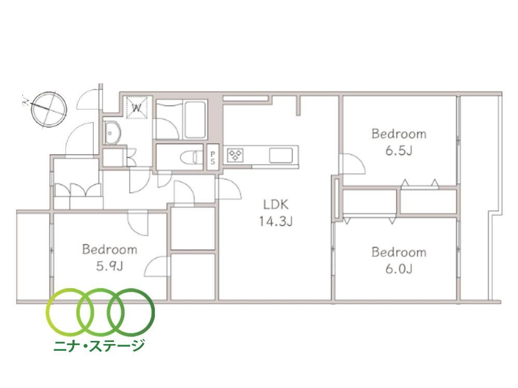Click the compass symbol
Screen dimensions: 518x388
tap(49, 109)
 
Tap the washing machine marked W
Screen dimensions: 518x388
tap(137, 107)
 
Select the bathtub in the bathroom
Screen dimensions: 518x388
tap(195, 120)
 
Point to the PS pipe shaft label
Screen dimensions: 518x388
tap(213, 158)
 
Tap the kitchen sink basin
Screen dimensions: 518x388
tap(281, 155)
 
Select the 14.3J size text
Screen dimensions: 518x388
tap(276, 221)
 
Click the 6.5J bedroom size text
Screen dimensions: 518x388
tap(399, 151)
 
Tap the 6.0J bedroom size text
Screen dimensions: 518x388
tap(399, 269)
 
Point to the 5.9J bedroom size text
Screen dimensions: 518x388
tap(110, 266)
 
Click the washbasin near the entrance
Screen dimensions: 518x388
tap(111, 133)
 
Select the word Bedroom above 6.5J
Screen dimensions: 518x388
tap(399, 134)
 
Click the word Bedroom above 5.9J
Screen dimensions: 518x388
tap(110, 249)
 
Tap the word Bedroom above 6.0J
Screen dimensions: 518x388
tap(399, 252)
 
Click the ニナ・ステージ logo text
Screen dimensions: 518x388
tap(99, 346)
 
